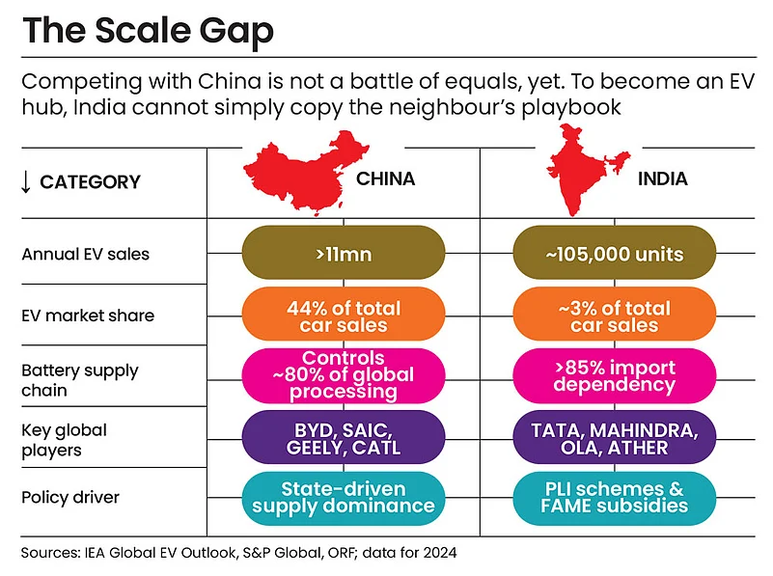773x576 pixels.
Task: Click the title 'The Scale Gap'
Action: point(148,32)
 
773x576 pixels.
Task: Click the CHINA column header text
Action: point(386,179)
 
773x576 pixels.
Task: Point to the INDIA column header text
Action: point(662,179)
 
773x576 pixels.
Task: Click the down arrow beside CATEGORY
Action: point(27,181)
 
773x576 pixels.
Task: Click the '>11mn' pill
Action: point(345,255)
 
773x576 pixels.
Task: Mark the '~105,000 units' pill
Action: point(614,255)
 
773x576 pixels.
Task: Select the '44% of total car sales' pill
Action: point(345,315)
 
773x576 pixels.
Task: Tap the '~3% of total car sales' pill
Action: point(614,315)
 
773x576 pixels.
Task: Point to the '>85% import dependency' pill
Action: point(614,376)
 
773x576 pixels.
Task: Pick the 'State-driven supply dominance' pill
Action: point(345,497)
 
